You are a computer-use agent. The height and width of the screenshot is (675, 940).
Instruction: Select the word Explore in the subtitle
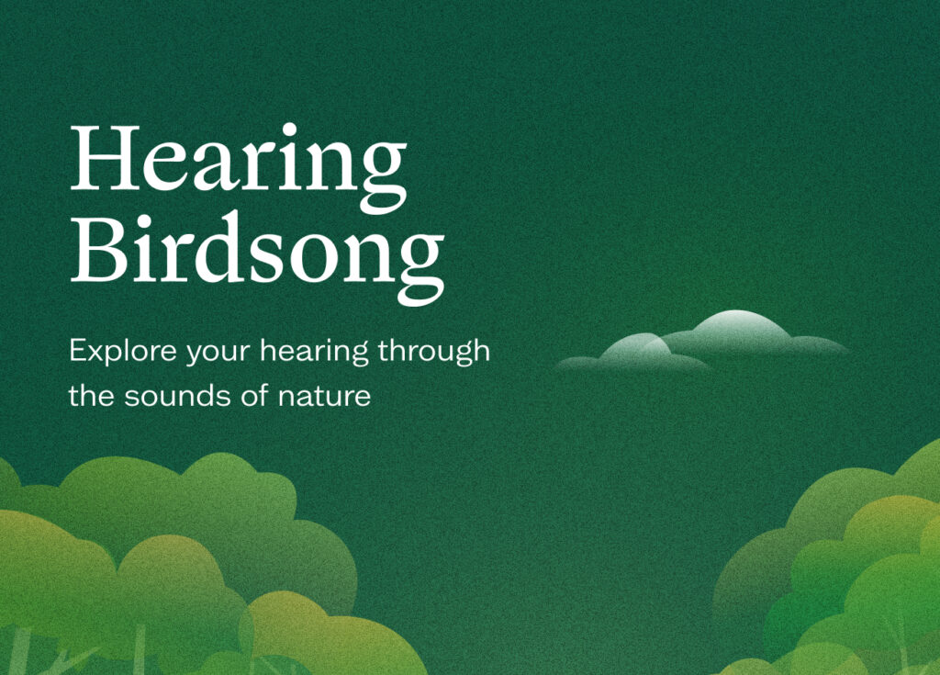point(123,352)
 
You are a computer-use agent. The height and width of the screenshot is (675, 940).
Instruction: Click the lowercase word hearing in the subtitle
point(314,352)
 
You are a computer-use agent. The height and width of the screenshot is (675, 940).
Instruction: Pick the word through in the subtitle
point(434,352)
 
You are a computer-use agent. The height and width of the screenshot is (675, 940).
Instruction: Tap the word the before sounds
point(91,396)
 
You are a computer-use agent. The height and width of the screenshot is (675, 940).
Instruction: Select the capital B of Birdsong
point(98,248)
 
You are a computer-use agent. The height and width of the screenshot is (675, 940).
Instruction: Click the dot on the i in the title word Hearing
point(289,129)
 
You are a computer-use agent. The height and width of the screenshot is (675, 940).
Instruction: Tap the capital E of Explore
point(77,351)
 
